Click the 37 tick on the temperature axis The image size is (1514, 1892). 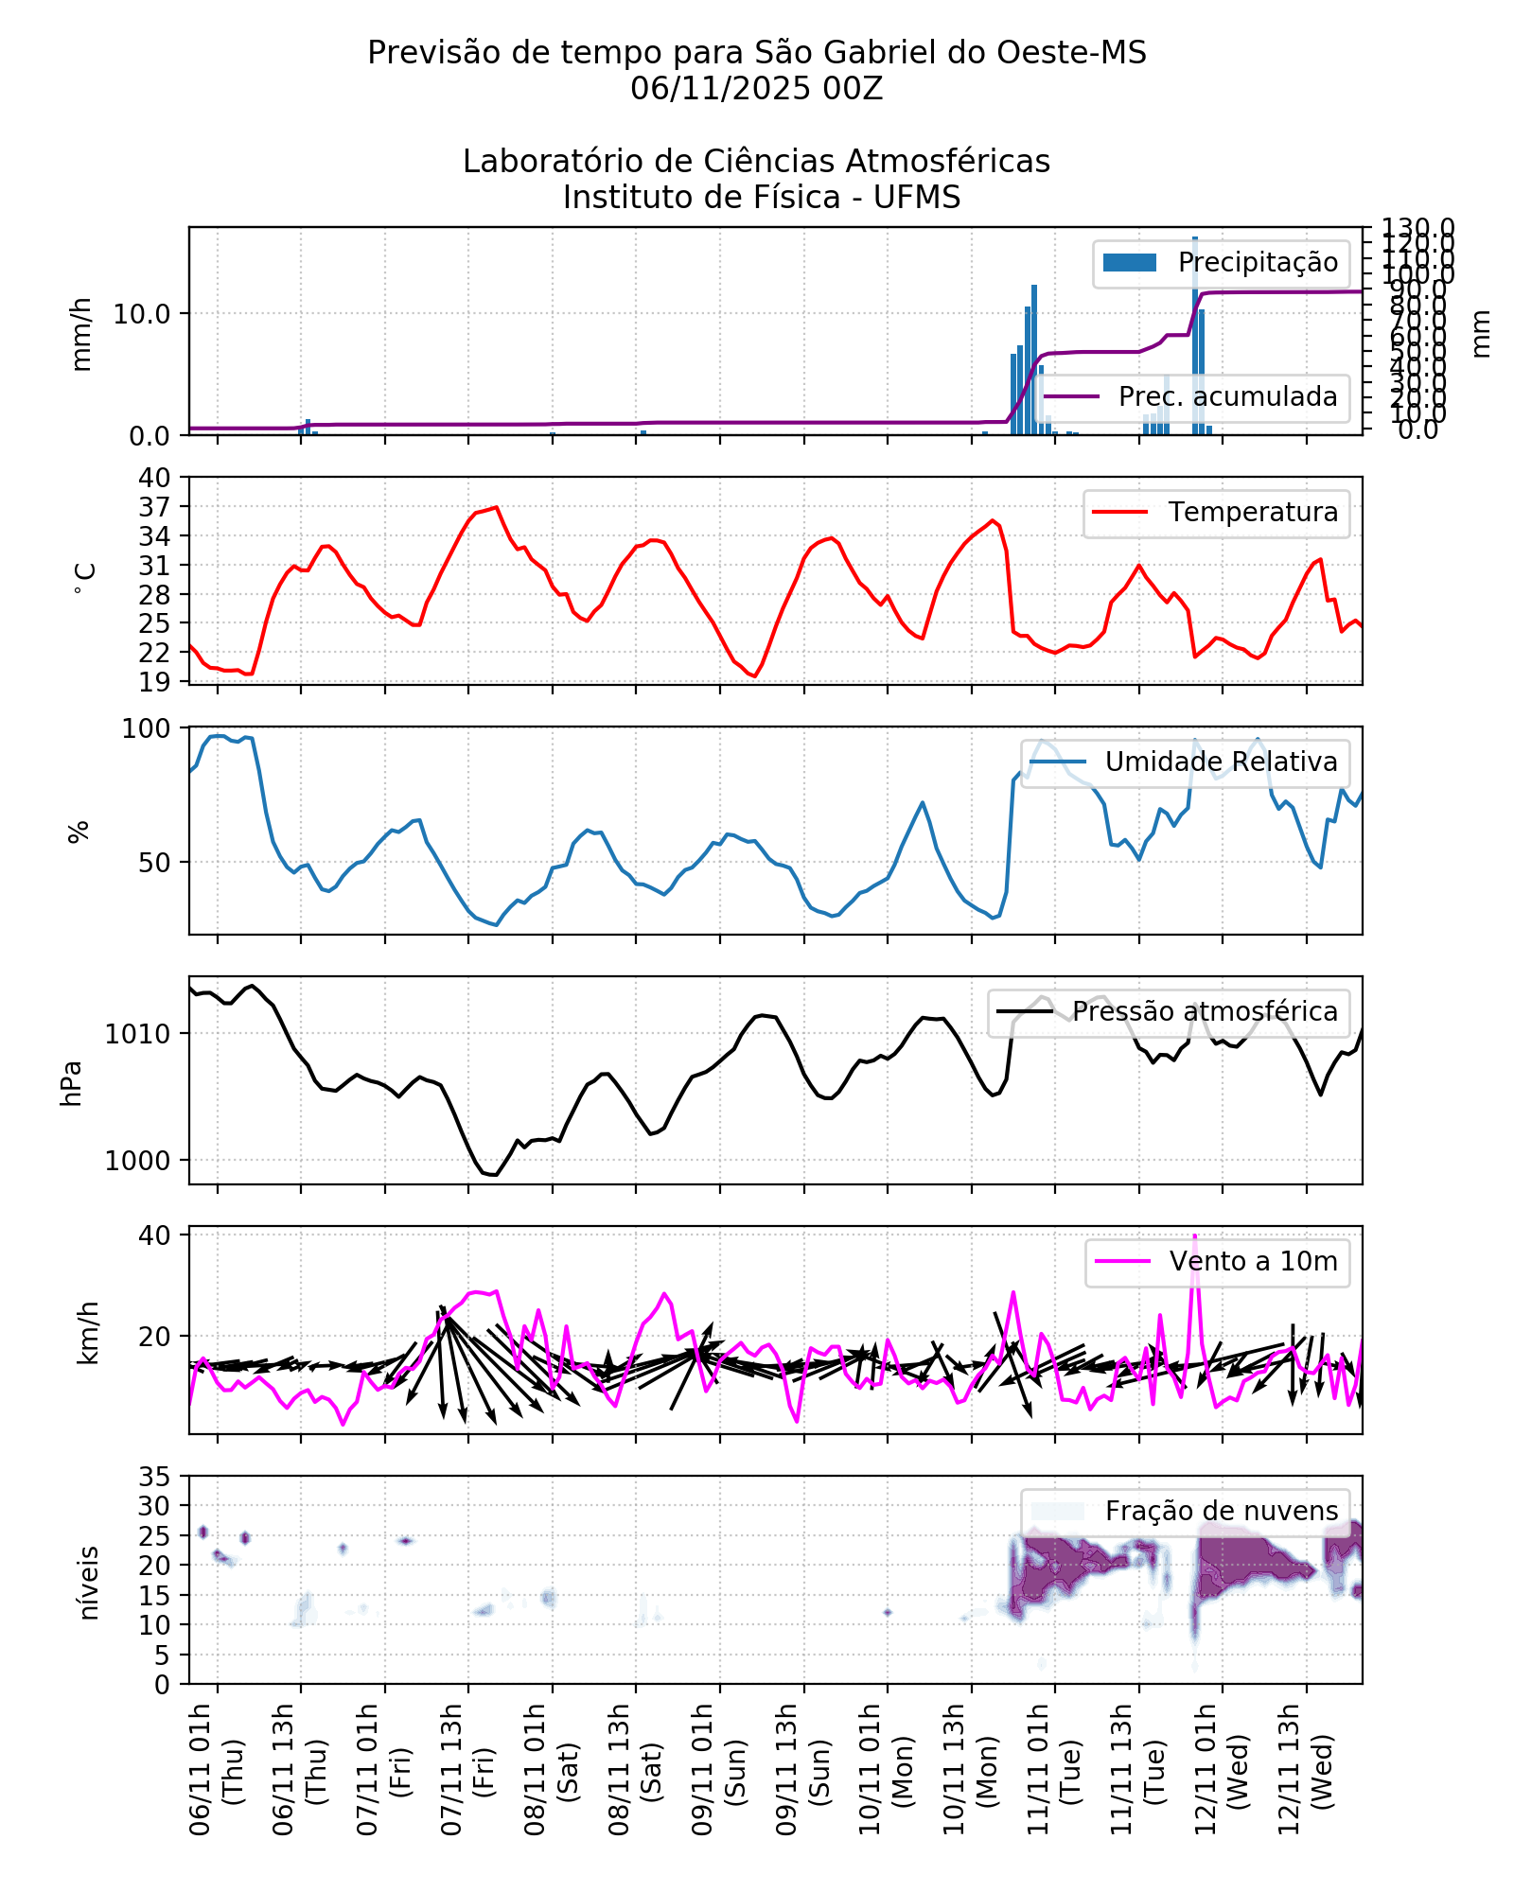click(x=154, y=507)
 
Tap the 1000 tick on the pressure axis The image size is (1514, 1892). click(x=137, y=1161)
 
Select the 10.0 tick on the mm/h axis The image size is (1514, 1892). click(x=142, y=313)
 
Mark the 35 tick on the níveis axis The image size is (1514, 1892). click(x=154, y=1477)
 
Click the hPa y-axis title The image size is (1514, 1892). click(x=72, y=1083)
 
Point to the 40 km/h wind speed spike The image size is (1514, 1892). click(x=1195, y=1236)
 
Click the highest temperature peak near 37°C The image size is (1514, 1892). click(x=496, y=507)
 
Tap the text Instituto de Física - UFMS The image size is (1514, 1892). click(x=762, y=198)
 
